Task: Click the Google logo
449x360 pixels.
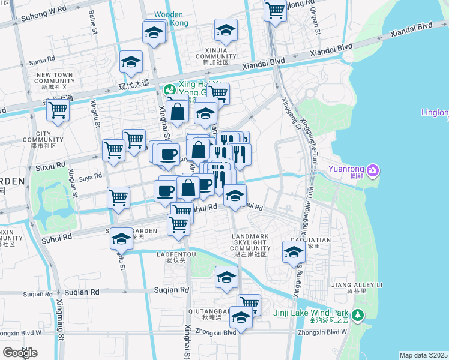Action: coord(20,353)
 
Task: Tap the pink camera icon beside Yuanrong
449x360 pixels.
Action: coord(373,172)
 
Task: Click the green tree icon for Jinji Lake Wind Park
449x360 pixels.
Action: coord(358,314)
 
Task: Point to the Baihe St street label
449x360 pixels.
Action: coord(93,21)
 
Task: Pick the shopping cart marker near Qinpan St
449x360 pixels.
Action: coord(275,10)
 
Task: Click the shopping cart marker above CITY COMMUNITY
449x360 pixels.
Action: coord(58,110)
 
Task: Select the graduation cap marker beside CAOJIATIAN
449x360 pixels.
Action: coord(293,252)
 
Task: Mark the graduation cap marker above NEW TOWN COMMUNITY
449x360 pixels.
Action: coord(130,62)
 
